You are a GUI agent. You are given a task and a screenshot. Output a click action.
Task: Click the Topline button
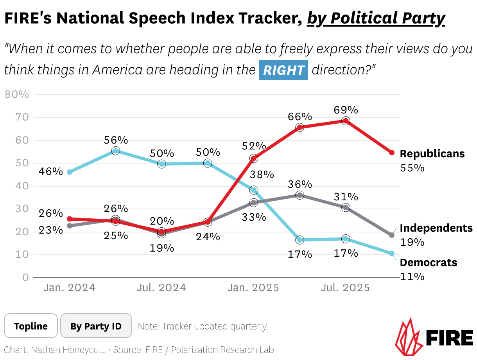point(31,326)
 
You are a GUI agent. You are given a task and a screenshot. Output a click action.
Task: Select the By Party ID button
point(96,326)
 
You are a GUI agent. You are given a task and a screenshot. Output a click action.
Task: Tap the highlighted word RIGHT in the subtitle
point(283,70)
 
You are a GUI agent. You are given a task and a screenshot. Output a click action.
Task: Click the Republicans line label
point(432,154)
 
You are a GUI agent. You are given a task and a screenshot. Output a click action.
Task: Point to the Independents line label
point(436,228)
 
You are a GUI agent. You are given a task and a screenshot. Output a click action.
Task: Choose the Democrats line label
point(429,263)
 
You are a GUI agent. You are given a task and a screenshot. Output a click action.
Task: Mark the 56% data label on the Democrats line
point(116,140)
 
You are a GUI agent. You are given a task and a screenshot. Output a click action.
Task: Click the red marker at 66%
point(299,127)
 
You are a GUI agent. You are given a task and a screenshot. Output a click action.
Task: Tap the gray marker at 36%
point(299,195)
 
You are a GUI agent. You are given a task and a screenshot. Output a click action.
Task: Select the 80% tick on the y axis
point(17,95)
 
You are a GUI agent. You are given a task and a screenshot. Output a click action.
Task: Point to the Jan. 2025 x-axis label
point(254,288)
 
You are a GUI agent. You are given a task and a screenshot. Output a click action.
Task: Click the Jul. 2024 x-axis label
point(161,288)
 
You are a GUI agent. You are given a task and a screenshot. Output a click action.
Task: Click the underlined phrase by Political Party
point(376,18)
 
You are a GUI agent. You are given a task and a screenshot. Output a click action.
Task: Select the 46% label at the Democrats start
point(50,171)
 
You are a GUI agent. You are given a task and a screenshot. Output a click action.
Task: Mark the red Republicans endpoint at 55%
point(391,153)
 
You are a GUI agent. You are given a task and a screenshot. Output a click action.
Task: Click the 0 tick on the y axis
point(26,277)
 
